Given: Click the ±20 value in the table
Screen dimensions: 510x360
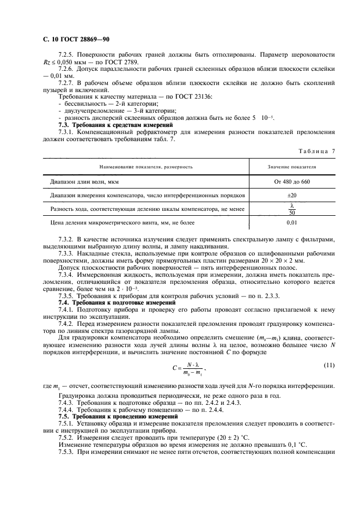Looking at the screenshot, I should pos(292,195).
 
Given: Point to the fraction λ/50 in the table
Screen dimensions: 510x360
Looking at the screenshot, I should pos(292,209).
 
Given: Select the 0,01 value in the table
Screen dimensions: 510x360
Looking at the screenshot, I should pos(292,223).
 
